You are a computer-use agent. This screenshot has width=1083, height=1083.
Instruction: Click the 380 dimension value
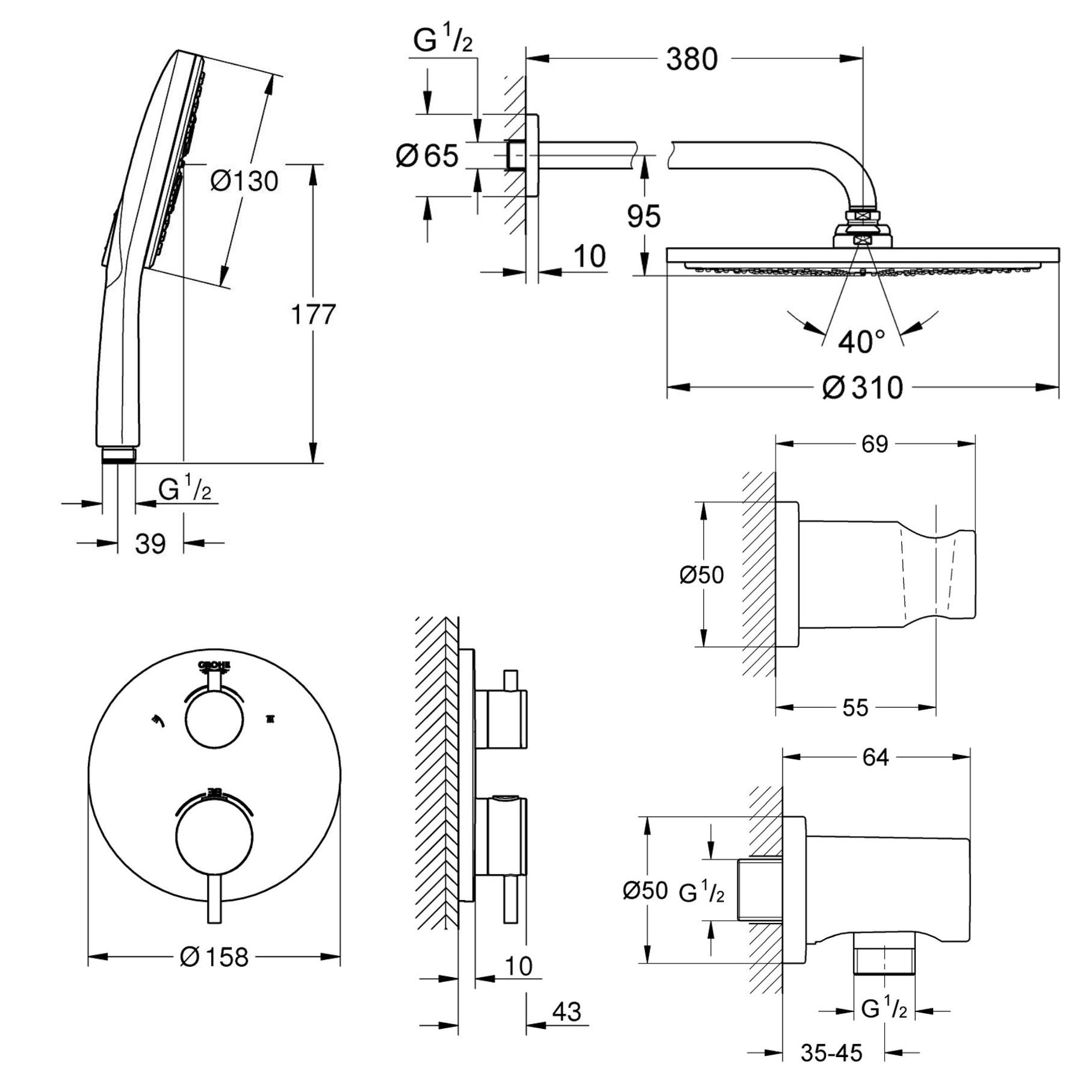(x=692, y=59)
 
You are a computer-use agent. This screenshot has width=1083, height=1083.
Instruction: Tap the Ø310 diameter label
(x=862, y=387)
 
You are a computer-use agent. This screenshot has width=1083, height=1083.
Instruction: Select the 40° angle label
(x=861, y=342)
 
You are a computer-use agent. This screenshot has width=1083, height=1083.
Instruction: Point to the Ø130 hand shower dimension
(x=244, y=181)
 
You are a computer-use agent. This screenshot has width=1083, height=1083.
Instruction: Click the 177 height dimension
(x=313, y=314)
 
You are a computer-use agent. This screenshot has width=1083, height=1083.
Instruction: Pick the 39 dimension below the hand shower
(x=150, y=544)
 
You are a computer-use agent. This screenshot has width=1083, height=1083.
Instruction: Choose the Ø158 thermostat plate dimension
(x=214, y=957)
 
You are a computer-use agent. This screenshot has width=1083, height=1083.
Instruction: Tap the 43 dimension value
(x=566, y=1011)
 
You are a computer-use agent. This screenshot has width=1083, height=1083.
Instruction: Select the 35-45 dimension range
(x=831, y=1052)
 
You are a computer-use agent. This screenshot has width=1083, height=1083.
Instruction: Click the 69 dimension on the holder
(x=874, y=444)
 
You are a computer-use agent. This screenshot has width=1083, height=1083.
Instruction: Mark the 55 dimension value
(x=855, y=708)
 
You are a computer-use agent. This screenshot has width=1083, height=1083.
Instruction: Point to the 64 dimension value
(x=875, y=757)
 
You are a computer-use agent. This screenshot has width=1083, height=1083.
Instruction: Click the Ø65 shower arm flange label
(x=427, y=156)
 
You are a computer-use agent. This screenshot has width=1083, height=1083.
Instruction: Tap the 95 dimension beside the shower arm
(x=644, y=216)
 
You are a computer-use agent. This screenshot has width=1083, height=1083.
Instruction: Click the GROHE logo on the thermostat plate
(x=214, y=665)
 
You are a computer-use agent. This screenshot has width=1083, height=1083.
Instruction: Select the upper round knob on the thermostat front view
(x=214, y=720)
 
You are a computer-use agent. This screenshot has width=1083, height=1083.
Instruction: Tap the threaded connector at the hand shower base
(x=119, y=455)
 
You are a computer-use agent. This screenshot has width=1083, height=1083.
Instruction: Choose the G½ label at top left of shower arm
(x=442, y=41)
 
